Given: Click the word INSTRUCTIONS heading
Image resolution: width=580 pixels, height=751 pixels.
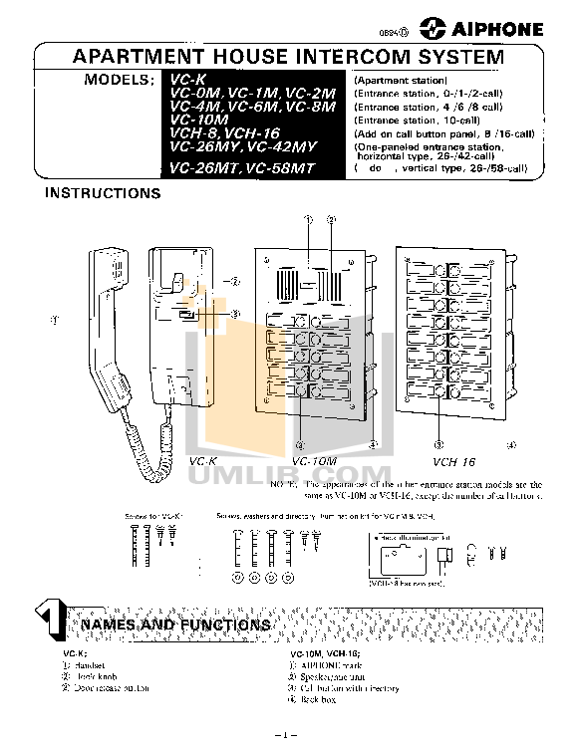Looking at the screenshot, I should click(x=103, y=193).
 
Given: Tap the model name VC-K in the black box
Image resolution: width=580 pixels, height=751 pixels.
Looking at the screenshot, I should click(x=186, y=79).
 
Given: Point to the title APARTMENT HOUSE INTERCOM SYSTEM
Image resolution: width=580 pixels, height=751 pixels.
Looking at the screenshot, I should click(x=289, y=57).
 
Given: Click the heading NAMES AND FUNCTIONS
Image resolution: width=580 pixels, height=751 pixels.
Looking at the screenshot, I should click(x=174, y=625).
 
